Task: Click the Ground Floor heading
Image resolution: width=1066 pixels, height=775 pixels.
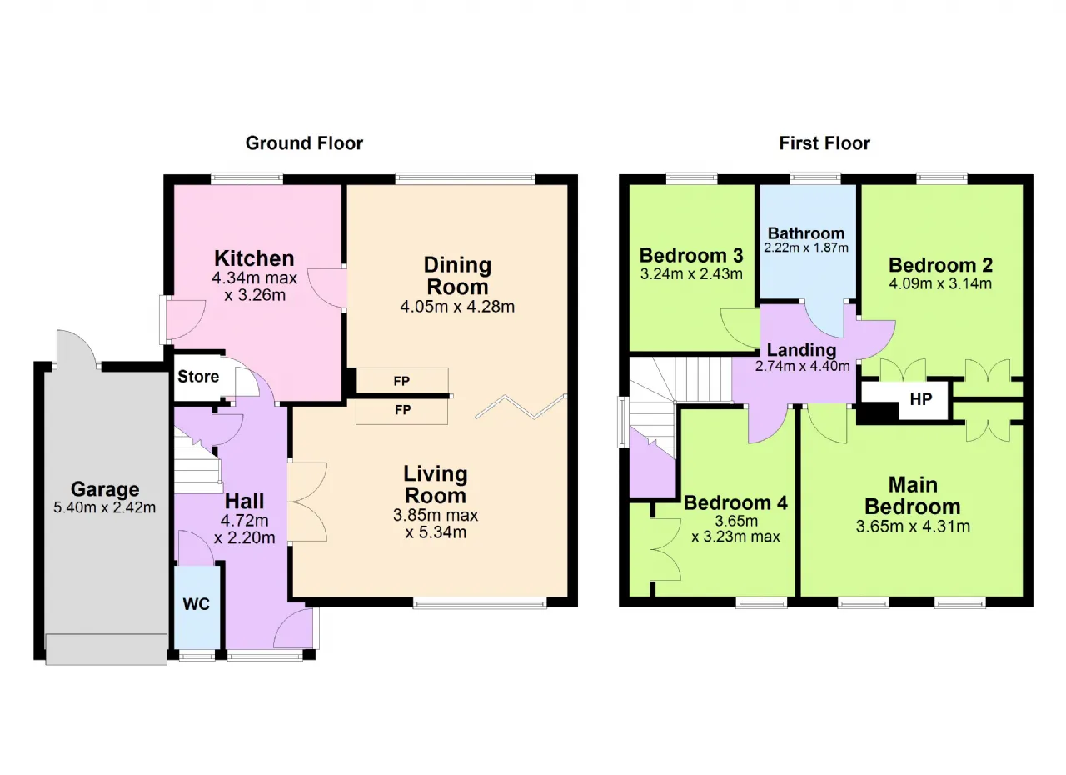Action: click(304, 143)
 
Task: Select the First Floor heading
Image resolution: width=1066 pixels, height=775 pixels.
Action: click(824, 143)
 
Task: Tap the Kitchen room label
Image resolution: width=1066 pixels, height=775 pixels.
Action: click(254, 258)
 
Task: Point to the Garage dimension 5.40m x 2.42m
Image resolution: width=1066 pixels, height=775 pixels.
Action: click(105, 507)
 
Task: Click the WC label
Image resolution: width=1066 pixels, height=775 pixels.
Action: click(196, 604)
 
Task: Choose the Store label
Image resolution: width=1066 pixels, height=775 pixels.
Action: click(198, 377)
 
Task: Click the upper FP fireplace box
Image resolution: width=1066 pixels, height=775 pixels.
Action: click(402, 381)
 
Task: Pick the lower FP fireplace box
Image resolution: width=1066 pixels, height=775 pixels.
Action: click(402, 410)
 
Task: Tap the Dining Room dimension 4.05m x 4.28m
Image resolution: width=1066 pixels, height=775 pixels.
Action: click(457, 307)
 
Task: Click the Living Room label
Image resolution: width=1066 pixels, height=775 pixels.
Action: click(436, 485)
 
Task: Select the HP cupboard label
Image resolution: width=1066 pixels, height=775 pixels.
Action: click(921, 399)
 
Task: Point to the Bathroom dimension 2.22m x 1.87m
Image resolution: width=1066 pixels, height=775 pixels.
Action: click(806, 247)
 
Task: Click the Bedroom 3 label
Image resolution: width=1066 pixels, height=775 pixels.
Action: click(691, 256)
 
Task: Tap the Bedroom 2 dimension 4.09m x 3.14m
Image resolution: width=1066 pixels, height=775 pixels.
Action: click(940, 283)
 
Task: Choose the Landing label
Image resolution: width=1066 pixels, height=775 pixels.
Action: click(802, 350)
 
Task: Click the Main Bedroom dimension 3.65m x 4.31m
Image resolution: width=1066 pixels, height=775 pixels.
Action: click(913, 527)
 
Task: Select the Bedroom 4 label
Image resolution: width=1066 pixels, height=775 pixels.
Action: click(735, 503)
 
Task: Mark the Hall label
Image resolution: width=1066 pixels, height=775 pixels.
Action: click(244, 502)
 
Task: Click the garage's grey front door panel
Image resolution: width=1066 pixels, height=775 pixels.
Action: click(106, 649)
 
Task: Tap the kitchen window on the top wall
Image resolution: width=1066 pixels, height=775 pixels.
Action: click(247, 178)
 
